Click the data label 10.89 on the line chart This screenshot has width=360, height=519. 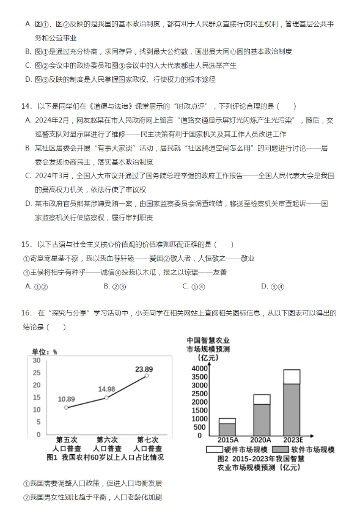click(67, 399)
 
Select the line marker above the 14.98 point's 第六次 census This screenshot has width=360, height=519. click(106, 397)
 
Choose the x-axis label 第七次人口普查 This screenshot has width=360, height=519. click(146, 444)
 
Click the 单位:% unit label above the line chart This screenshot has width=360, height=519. click(44, 352)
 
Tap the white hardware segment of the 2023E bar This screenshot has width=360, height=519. click(292, 376)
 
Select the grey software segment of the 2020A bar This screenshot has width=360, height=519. click(262, 419)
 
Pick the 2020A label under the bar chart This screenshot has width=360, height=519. click(261, 440)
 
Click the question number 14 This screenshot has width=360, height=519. click(26, 106)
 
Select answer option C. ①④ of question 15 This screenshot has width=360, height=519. click(189, 285)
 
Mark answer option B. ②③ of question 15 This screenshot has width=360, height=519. click(115, 285)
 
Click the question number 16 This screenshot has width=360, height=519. click(26, 313)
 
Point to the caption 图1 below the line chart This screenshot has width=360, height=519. click(52, 457)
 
